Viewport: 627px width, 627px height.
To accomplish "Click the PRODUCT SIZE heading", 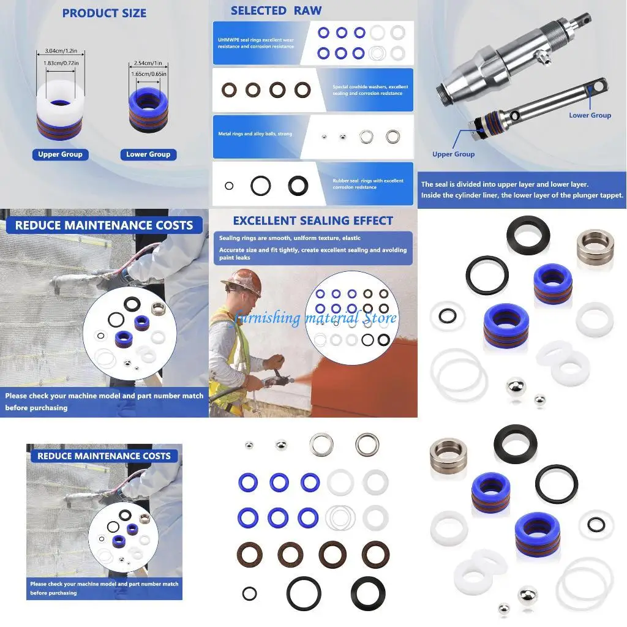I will click(x=104, y=13).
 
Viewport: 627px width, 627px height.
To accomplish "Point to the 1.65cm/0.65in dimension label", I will click(x=148, y=74).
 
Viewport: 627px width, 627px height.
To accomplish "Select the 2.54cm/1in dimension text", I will click(x=148, y=63).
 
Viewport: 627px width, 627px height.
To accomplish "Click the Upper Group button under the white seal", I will click(x=60, y=154).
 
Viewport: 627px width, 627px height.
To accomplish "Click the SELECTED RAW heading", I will click(x=276, y=10).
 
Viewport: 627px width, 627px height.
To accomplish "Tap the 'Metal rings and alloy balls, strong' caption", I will click(x=255, y=133).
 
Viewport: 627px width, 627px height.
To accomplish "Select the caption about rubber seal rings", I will click(x=368, y=184).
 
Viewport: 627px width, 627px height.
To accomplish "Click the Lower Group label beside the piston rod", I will click(x=590, y=115).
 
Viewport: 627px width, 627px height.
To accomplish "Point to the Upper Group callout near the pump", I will click(x=453, y=154).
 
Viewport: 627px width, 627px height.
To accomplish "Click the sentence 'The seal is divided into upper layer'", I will click(x=505, y=184).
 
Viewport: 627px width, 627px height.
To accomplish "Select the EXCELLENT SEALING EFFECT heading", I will click(x=313, y=220).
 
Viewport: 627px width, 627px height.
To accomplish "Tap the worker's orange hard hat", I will click(x=241, y=280).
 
